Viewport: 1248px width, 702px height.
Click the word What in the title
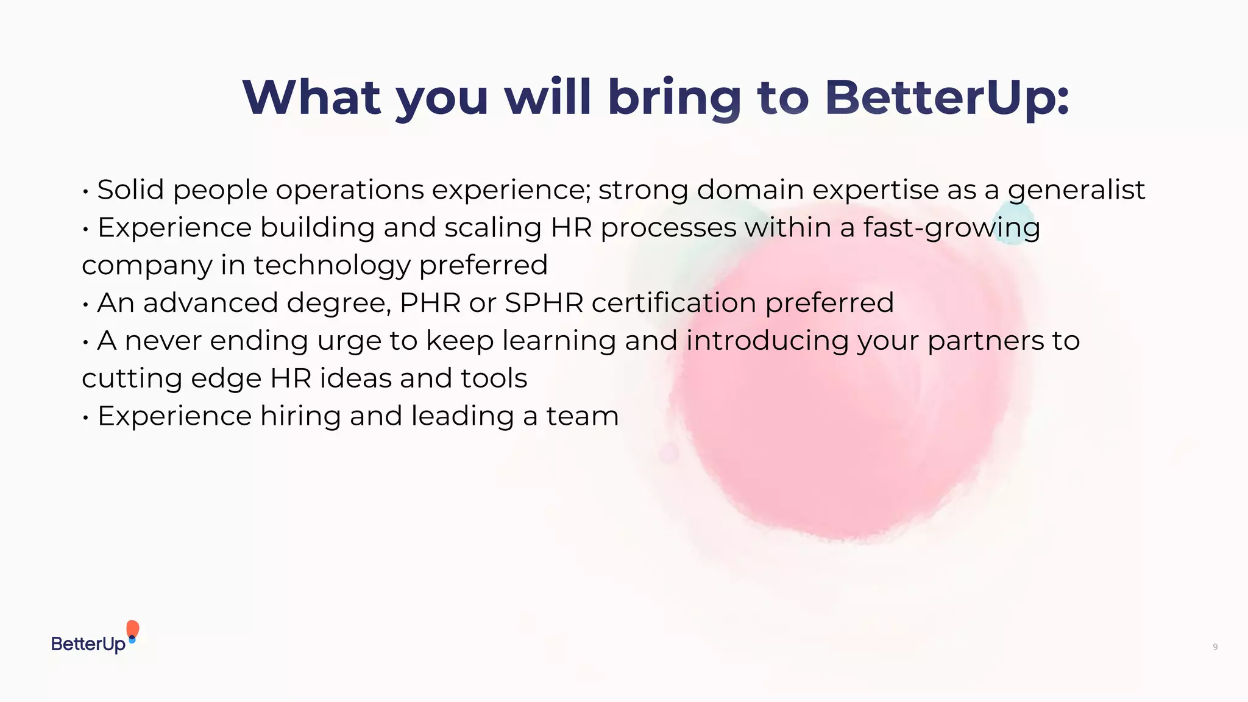click(x=311, y=97)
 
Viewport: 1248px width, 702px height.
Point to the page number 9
click(x=1215, y=647)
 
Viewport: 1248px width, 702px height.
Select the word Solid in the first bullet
click(x=130, y=190)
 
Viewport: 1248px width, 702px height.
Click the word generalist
click(x=1076, y=191)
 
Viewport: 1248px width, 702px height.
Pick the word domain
click(x=750, y=190)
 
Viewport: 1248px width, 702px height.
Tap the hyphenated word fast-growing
click(x=951, y=229)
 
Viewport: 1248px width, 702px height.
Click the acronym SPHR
click(x=544, y=303)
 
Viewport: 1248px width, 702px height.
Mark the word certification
click(x=674, y=303)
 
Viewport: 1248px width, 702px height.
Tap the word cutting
click(x=132, y=379)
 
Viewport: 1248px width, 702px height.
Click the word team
click(x=582, y=416)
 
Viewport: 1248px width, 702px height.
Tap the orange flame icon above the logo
click(x=132, y=629)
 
